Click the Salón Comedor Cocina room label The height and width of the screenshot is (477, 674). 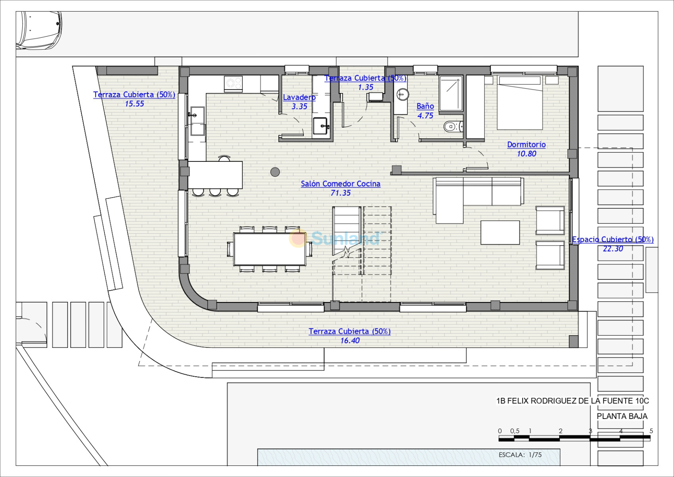point(341,184)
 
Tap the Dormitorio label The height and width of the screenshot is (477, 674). point(526,145)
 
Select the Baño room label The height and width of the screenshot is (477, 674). point(425,106)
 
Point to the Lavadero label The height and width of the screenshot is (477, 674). point(299,97)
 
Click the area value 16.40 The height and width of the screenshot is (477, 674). point(350,341)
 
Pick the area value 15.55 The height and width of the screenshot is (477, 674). point(135,104)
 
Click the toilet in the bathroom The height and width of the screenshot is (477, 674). point(453,127)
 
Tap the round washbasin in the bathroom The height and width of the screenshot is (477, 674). point(402,95)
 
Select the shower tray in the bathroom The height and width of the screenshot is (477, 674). point(451,94)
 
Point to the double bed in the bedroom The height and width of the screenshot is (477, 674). point(520,103)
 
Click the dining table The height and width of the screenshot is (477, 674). point(270,249)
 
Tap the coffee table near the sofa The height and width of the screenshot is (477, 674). point(500,233)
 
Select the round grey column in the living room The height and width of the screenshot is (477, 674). point(275,172)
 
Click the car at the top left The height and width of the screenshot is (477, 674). point(39,31)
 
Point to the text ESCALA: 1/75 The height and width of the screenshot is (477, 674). point(520,455)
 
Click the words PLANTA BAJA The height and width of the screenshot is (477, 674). point(622,416)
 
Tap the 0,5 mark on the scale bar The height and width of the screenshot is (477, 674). point(514,431)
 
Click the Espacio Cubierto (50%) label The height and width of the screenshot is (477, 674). point(612,239)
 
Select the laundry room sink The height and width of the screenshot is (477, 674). point(321,126)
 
